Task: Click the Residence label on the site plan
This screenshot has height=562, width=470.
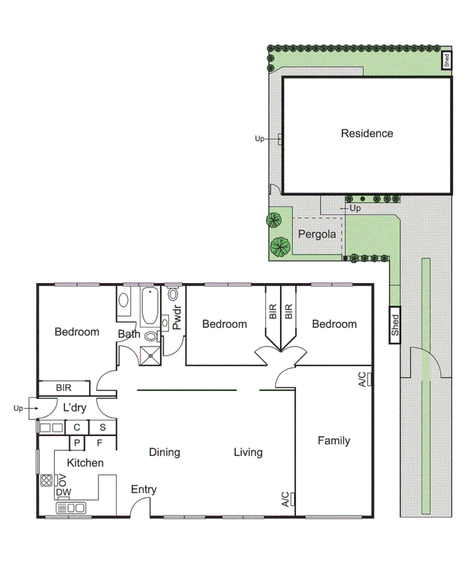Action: (x=367, y=133)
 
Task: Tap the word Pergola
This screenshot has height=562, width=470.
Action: (x=317, y=234)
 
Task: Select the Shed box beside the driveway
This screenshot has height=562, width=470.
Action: (x=395, y=325)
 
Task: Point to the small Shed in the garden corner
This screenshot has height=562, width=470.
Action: (x=446, y=60)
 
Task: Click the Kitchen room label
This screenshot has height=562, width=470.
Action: (x=85, y=463)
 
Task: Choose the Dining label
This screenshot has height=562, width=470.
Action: (x=164, y=452)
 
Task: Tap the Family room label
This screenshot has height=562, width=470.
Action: (x=334, y=440)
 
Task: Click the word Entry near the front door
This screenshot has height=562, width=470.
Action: (x=144, y=490)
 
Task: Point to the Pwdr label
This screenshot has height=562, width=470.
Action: (x=177, y=318)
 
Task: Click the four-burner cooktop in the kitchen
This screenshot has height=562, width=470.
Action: (x=47, y=480)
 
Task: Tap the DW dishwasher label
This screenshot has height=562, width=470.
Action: (x=63, y=493)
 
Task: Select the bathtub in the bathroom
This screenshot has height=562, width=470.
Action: (x=149, y=306)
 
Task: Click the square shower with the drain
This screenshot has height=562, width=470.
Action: (x=150, y=354)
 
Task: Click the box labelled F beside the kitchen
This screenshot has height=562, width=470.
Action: (x=100, y=443)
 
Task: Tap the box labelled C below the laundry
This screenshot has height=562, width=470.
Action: (x=77, y=428)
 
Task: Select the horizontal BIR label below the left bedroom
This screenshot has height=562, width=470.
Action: (x=63, y=388)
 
